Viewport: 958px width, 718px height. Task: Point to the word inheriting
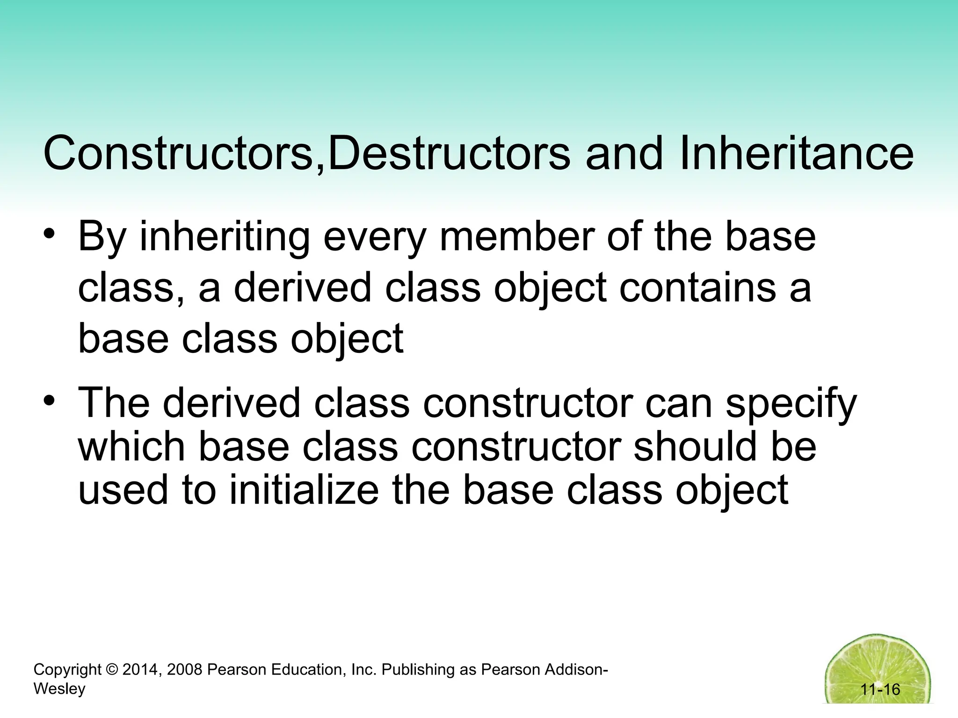tap(225, 238)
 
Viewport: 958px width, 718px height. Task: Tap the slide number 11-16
tap(880, 689)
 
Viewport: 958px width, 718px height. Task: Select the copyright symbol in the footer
tap(112, 670)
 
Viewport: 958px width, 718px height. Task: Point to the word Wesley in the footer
tap(59, 689)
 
